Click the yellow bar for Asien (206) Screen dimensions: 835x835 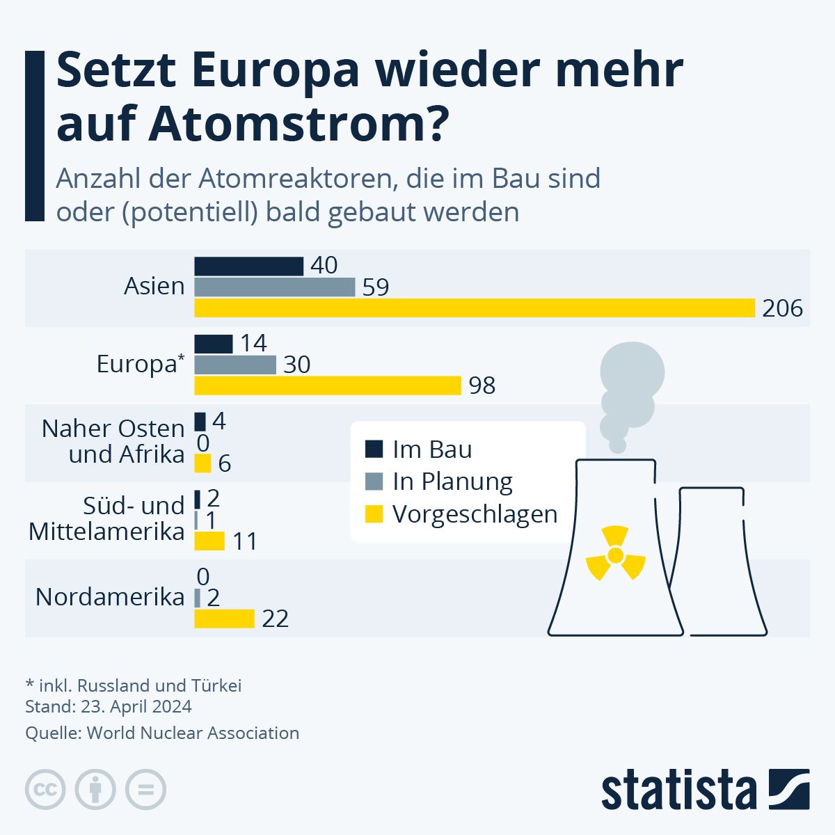coord(475,308)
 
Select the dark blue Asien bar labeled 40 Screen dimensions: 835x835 coord(248,266)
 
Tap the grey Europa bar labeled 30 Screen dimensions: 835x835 coord(235,365)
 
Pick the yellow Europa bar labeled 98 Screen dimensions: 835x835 coord(328,385)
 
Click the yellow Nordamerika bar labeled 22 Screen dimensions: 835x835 coord(224,619)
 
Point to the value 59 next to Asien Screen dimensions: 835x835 coord(376,287)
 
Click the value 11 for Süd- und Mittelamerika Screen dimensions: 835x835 coord(244,541)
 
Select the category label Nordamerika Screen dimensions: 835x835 coord(110,597)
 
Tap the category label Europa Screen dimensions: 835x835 coord(137,364)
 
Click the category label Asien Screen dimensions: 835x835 coord(154,286)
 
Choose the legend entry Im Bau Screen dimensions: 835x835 coord(431,450)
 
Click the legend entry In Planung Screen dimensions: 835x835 coord(452,482)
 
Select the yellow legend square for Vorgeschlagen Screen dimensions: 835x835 coord(374,514)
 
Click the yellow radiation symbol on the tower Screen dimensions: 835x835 coord(615,555)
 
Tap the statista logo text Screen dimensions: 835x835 coord(679,790)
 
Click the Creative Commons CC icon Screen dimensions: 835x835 coord(45,790)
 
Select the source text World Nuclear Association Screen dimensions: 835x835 coord(193,733)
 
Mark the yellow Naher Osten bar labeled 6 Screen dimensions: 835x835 coord(202,463)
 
